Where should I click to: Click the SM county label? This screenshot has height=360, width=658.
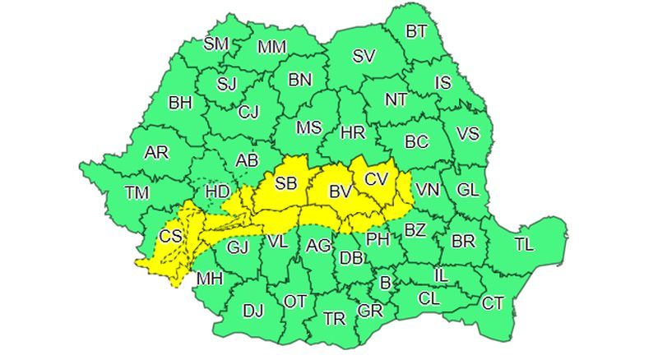click(x=215, y=44)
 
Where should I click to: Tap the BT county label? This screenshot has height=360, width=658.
click(x=417, y=32)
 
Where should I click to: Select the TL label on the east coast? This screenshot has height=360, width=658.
click(x=523, y=243)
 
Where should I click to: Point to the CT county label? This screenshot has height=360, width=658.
click(x=493, y=303)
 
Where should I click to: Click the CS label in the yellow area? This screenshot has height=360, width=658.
click(x=170, y=237)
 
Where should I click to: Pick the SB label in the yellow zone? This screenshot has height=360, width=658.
click(x=285, y=183)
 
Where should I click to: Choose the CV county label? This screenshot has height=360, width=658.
click(x=376, y=178)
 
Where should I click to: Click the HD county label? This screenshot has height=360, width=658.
click(x=217, y=191)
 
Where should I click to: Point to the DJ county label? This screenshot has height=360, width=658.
click(x=253, y=310)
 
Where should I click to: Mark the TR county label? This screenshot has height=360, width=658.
click(x=334, y=319)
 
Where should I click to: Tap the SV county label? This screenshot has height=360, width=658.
click(x=364, y=57)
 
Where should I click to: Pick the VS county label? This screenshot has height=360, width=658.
click(x=467, y=133)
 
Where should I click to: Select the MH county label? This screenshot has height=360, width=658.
click(x=210, y=279)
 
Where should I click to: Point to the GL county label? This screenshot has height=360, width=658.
click(x=467, y=190)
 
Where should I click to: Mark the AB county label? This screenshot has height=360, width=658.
click(x=247, y=161)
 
